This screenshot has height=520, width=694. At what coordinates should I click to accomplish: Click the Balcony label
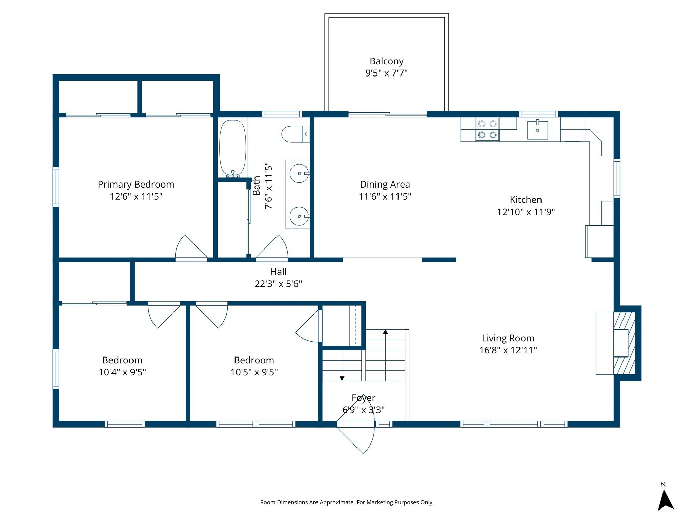(x=386, y=61)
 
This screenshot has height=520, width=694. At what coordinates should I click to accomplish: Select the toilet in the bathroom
(x=295, y=134)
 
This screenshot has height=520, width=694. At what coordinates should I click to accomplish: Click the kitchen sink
(x=537, y=130)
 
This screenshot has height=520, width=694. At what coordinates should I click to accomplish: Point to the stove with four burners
(x=487, y=129)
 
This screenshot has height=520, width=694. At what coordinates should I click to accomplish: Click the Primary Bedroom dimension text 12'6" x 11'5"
(x=136, y=196)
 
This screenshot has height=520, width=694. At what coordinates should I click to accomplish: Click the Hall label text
(x=278, y=272)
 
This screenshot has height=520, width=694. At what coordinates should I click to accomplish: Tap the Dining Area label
(x=385, y=185)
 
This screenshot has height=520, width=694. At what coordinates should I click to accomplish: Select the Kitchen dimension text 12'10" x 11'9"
(x=526, y=212)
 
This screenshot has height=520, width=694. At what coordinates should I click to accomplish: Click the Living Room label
(x=508, y=338)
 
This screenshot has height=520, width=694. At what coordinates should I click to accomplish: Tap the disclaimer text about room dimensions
(x=347, y=502)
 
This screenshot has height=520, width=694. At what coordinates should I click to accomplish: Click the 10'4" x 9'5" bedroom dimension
(x=122, y=372)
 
